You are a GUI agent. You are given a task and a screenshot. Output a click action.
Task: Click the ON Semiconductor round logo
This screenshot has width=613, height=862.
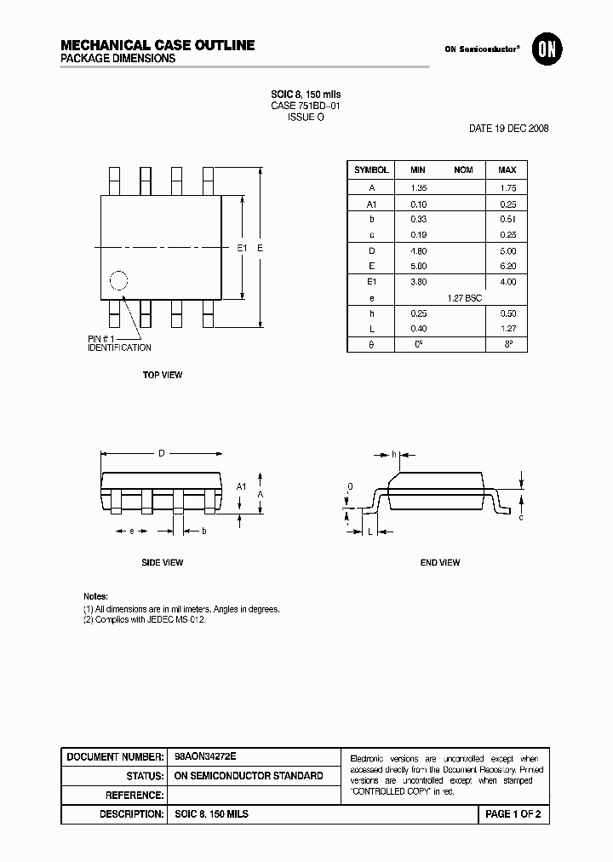545,49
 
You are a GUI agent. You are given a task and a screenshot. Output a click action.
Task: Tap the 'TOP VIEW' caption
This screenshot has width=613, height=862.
162,375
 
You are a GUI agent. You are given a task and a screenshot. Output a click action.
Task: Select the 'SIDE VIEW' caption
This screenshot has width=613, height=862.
162,562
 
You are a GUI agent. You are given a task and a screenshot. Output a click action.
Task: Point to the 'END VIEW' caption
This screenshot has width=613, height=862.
440,562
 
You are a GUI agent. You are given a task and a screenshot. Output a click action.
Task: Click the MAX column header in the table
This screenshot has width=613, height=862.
507,170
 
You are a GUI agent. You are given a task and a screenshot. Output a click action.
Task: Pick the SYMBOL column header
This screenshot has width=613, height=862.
371,170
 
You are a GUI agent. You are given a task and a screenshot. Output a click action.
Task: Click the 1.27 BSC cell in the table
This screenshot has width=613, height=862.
464,298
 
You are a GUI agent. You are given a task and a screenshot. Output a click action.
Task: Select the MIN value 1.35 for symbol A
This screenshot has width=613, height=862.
418,187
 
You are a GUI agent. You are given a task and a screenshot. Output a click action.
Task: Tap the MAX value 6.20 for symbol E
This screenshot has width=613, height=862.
507,267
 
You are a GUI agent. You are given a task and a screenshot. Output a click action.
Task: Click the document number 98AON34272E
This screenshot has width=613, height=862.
205,756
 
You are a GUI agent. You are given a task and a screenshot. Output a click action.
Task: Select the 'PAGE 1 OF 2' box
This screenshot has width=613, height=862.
513,814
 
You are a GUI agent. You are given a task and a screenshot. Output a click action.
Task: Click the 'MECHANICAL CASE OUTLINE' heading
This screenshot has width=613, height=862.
158,45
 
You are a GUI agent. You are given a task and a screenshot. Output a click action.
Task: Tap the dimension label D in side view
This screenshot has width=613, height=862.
162,453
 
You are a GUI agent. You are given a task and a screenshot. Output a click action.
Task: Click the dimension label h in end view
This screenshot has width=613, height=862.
394,453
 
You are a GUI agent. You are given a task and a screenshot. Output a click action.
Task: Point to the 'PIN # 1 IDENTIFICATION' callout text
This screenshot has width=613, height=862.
119,343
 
